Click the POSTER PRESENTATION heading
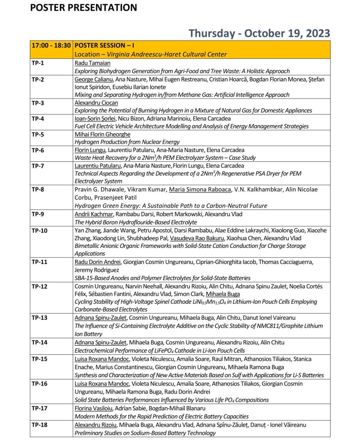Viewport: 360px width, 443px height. tap(84, 7)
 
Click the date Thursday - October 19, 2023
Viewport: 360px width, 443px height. tap(259, 33)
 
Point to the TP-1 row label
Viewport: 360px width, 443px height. tap(38, 63)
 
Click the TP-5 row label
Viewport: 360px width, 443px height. tap(38, 135)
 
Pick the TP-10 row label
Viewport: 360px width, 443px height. tap(39, 230)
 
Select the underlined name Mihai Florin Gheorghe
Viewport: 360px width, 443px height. tap(103, 135)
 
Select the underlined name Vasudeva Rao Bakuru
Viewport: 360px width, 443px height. tap(197, 238)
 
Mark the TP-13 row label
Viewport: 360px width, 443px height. tap(39, 318)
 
